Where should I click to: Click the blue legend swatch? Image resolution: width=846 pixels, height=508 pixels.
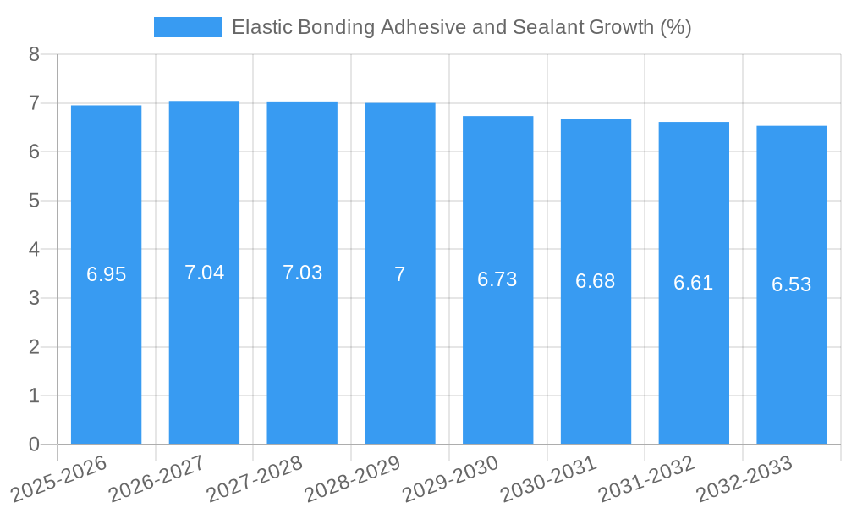pyautogui.click(x=187, y=27)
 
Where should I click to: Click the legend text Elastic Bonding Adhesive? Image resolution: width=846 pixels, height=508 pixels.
pyautogui.click(x=461, y=27)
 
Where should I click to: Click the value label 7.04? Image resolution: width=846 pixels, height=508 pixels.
pyautogui.click(x=204, y=273)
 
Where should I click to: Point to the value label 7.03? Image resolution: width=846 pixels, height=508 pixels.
pyautogui.click(x=302, y=273)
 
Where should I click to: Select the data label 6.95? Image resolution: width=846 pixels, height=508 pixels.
pyautogui.click(x=106, y=274)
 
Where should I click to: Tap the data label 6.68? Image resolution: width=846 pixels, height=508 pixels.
pyautogui.click(x=596, y=281)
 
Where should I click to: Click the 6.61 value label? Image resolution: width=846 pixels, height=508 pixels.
pyautogui.click(x=694, y=283)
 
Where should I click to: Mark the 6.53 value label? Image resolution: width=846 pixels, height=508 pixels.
pyautogui.click(x=792, y=284)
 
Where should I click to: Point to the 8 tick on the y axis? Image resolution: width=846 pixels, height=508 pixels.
pyautogui.click(x=34, y=54)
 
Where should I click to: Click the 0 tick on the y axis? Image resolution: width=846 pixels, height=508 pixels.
pyautogui.click(x=34, y=444)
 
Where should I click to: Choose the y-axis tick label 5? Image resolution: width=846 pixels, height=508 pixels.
pyautogui.click(x=34, y=201)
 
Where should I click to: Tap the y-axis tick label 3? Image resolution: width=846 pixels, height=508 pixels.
pyautogui.click(x=34, y=298)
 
